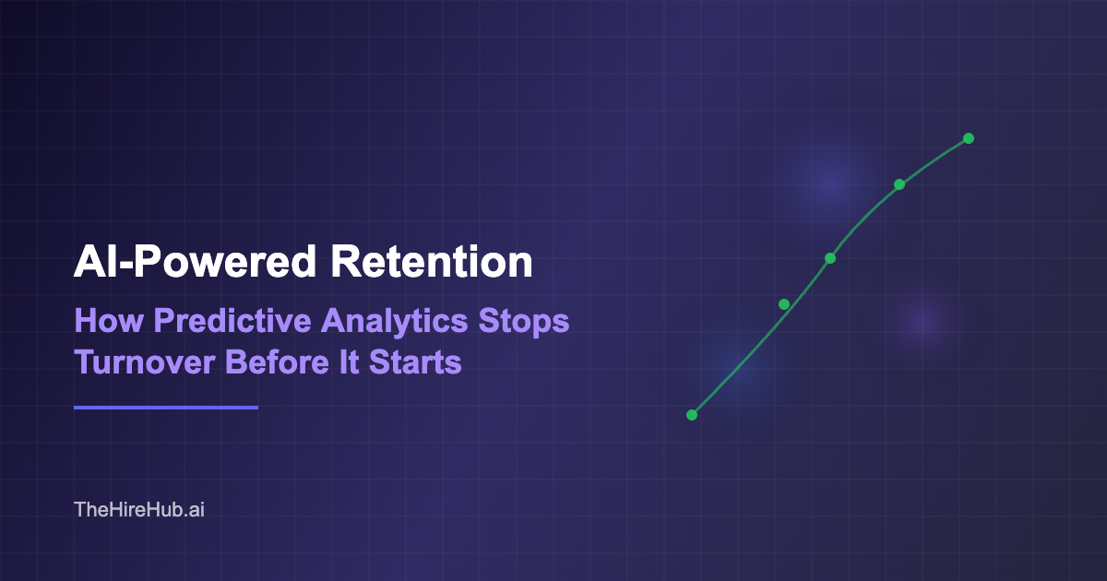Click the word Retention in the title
[432, 263]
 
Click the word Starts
[415, 362]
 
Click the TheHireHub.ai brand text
[138, 509]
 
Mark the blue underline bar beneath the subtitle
[166, 407]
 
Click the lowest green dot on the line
[692, 415]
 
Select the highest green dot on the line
[969, 138]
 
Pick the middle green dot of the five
[830, 258]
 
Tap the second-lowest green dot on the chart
[784, 304]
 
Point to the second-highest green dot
[899, 184]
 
